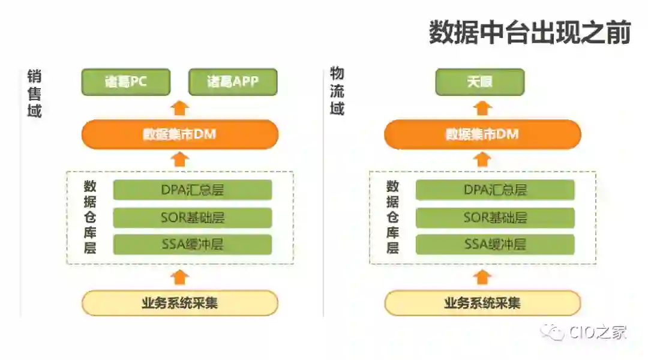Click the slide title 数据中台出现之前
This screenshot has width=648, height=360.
click(x=529, y=32)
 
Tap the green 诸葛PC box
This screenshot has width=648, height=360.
click(x=126, y=82)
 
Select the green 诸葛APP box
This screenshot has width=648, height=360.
click(x=233, y=82)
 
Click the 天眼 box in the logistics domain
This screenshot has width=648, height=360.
click(x=480, y=82)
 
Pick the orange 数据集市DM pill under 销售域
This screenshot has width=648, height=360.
click(x=180, y=134)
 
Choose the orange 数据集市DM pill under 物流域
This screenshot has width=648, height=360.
click(x=482, y=134)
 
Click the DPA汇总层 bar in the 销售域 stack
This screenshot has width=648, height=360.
click(x=193, y=190)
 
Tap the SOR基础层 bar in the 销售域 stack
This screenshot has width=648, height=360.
click(x=193, y=218)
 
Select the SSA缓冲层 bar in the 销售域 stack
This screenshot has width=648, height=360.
click(x=193, y=245)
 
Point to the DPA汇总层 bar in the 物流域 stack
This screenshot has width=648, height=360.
click(x=495, y=190)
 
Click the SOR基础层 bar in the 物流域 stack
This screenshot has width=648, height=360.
click(x=495, y=218)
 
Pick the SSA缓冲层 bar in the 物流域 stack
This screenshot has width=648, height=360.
click(x=495, y=245)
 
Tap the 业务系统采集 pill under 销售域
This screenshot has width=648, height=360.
click(x=180, y=303)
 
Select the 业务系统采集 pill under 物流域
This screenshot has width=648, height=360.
click(x=482, y=303)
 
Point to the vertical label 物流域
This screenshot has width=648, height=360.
click(x=337, y=91)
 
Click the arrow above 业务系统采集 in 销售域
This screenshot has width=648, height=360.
click(x=180, y=277)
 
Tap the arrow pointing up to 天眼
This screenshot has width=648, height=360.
click(x=482, y=108)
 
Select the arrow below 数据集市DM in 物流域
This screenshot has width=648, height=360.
click(x=482, y=160)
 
